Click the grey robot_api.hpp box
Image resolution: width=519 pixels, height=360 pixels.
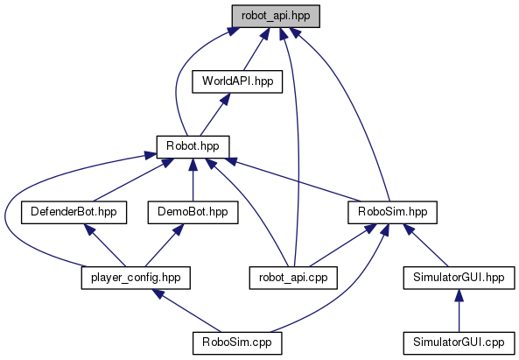coord(276,16)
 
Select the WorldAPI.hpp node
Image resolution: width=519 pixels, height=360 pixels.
coord(237,81)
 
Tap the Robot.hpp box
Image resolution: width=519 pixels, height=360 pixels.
coord(193,147)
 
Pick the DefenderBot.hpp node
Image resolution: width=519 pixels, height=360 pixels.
coord(74,212)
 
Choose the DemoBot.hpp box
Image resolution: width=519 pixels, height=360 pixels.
coord(193,212)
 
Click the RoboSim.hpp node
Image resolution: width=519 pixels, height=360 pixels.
coord(393,212)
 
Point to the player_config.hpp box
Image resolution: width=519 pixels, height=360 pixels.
coord(136,278)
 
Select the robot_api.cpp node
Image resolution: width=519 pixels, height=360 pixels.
coord(293,278)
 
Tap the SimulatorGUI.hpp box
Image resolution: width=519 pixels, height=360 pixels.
coord(459,278)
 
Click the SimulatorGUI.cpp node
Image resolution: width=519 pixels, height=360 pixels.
coord(459,343)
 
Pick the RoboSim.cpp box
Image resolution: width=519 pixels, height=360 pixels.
coord(237,343)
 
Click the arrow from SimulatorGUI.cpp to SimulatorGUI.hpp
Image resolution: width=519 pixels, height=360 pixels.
coord(459,311)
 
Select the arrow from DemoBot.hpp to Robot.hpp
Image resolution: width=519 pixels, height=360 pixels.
coord(193,180)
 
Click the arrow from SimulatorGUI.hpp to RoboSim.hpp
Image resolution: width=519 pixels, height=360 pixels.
coord(425,245)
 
